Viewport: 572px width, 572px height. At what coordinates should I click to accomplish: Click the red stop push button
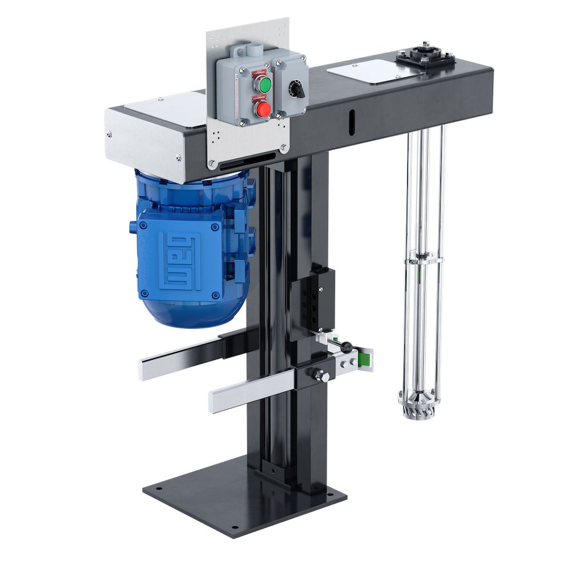pyautogui.click(x=263, y=108)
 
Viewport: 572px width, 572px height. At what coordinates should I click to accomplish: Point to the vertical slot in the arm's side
pyautogui.click(x=351, y=121)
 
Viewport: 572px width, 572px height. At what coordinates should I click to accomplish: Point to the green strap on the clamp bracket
pyautogui.click(x=364, y=357)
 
